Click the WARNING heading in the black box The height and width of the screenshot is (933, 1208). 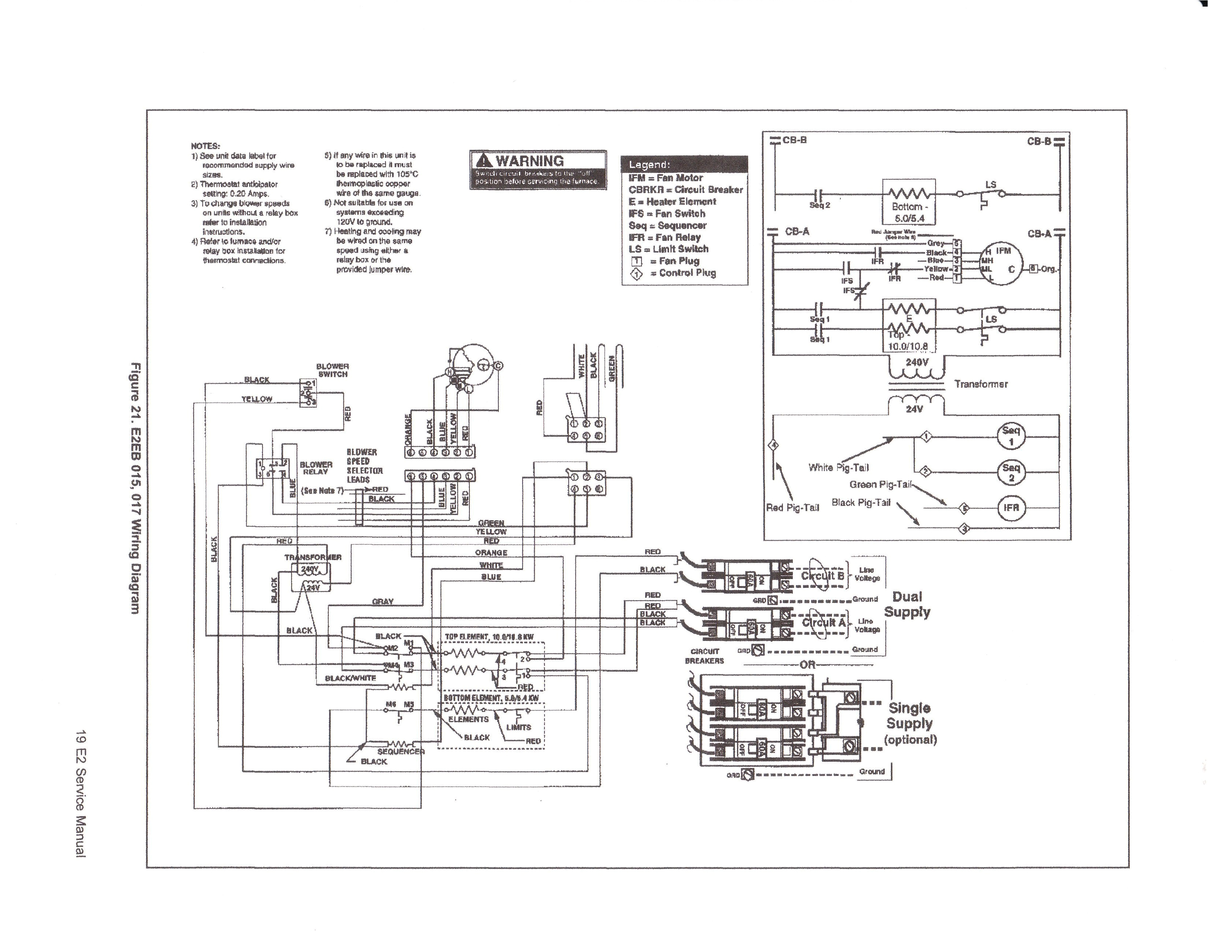[x=529, y=161]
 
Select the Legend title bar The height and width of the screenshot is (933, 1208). [x=684, y=164]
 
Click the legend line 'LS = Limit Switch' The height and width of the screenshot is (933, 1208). [x=668, y=249]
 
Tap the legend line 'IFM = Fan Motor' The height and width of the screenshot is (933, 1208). [x=665, y=178]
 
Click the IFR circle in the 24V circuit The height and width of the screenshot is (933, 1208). [x=1011, y=507]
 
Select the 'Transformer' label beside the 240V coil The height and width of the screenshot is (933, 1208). [x=981, y=384]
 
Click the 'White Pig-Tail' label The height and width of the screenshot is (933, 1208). [x=838, y=467]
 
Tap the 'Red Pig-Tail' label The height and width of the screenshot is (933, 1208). [x=792, y=508]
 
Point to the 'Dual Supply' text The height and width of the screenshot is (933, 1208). [x=907, y=604]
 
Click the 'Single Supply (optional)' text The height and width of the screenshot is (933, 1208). [x=910, y=723]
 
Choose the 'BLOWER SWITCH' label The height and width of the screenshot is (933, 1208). [x=332, y=370]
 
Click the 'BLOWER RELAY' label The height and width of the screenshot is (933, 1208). [x=316, y=468]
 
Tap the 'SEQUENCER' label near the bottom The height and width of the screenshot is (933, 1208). [x=401, y=751]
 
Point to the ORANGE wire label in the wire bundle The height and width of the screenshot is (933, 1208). [x=491, y=552]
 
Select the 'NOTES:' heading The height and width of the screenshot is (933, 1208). [x=205, y=146]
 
